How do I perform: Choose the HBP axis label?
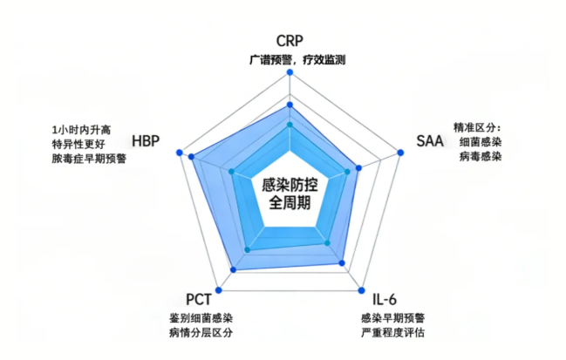click(146, 141)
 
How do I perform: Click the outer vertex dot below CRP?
click(290, 73)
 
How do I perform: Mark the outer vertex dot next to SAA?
click(401, 153)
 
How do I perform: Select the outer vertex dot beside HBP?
click(179, 153)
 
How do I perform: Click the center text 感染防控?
click(290, 185)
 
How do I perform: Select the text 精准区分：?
click(478, 126)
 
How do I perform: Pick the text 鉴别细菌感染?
click(201, 318)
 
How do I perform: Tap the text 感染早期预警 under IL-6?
click(392, 318)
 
